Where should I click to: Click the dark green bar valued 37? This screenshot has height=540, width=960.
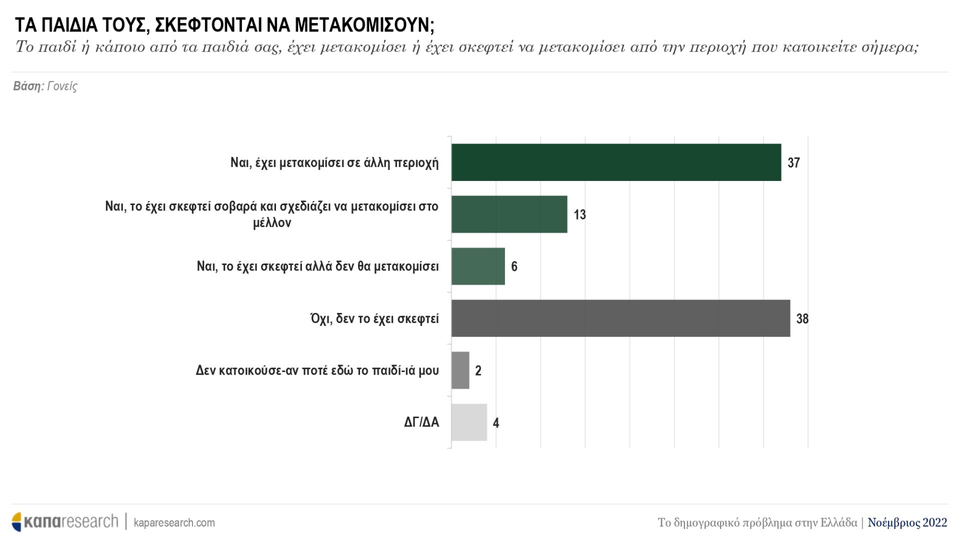pos(616,162)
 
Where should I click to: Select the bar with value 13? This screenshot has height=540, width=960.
pos(509,214)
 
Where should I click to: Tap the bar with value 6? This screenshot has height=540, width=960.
pos(478,266)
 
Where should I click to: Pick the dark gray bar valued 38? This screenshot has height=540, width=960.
pos(620,318)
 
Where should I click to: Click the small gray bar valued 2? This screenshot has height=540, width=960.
pos(460,370)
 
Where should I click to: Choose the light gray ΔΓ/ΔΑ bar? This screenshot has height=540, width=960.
pos(469,422)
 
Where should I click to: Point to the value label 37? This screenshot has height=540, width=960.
pos(793,163)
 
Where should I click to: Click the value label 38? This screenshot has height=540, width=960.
pos(802,319)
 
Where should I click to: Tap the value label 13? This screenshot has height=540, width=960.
pos(579,215)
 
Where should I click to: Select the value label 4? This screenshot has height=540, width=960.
pos(495,423)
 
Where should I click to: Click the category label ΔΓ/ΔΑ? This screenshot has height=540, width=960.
pos(421,422)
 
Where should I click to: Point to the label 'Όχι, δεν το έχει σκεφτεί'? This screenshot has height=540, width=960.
pos(374,318)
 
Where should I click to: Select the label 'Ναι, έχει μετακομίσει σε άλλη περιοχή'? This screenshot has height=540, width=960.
pos(334,162)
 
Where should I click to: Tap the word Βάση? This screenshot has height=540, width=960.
pos(28,86)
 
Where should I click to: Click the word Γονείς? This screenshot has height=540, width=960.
pos(62,86)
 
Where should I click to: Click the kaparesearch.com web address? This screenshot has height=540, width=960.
pos(174,523)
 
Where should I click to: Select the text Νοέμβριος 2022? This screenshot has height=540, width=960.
pos(907,522)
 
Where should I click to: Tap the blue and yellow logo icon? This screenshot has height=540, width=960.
pos(17,522)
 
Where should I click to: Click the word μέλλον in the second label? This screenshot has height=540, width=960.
pos(272,223)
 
